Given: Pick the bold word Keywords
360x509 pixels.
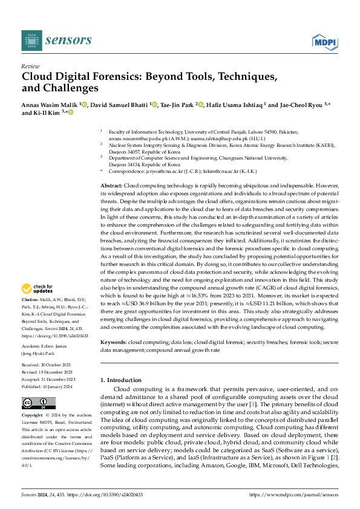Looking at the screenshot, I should (113, 342).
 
